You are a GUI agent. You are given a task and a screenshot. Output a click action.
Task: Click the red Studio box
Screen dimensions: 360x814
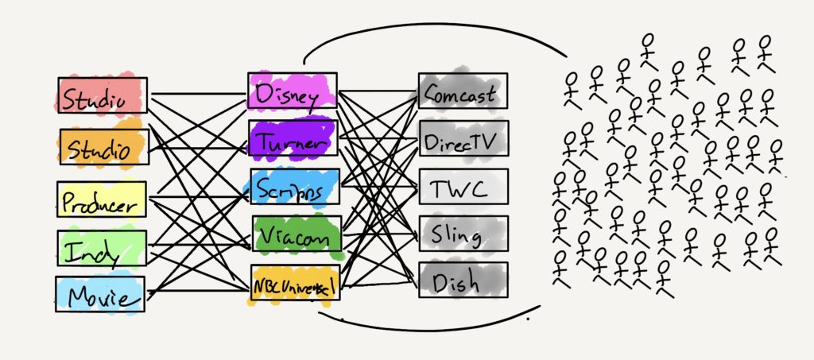pyautogui.click(x=103, y=95)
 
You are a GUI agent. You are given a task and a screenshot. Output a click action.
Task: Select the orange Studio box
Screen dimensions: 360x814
pyautogui.click(x=103, y=146)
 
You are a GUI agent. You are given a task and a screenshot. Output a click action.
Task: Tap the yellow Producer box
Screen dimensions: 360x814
pyautogui.click(x=101, y=199)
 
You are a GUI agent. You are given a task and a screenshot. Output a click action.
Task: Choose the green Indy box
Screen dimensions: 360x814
pyautogui.click(x=101, y=249)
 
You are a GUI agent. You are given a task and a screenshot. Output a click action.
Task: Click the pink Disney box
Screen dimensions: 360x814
pyautogui.click(x=292, y=92)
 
